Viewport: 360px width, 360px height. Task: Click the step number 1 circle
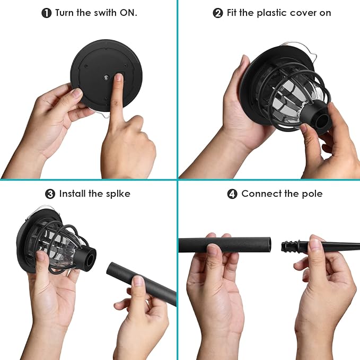tap(46, 13)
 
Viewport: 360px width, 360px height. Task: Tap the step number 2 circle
tap(218, 13)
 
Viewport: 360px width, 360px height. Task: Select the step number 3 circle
tap(50, 194)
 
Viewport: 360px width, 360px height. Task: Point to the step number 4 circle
tap(232, 194)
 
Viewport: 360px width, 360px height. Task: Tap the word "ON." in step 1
tap(128, 13)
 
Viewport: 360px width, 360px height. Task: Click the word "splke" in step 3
tap(118, 194)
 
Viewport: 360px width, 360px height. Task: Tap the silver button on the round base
tap(106, 78)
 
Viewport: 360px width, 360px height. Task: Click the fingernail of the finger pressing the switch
tap(119, 77)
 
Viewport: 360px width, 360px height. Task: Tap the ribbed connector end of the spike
tap(290, 246)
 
